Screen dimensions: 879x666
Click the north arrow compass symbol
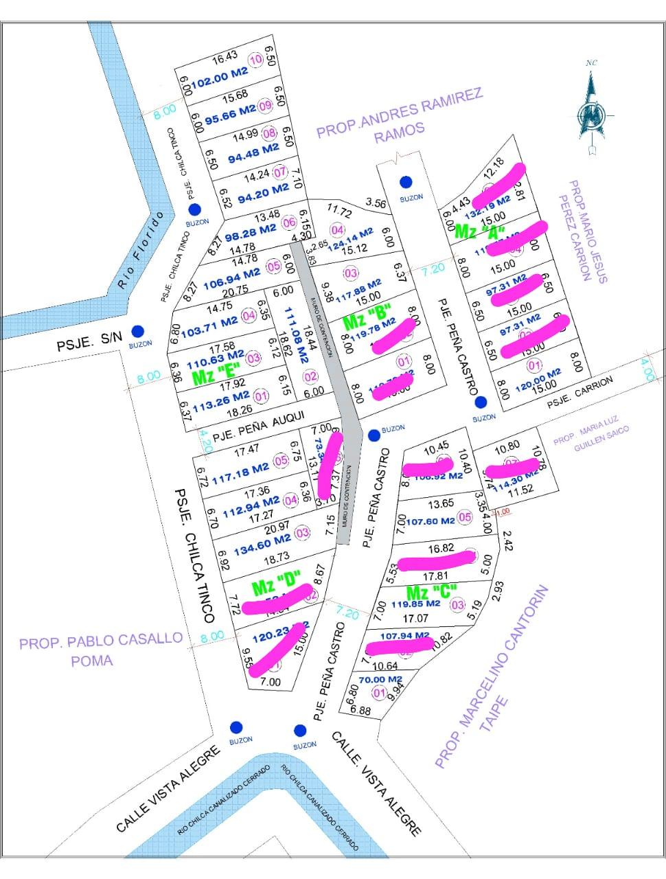click(592, 110)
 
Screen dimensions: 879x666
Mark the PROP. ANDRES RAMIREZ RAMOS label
click(400, 115)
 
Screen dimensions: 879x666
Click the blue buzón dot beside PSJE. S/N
click(138, 331)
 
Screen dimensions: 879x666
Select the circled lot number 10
click(256, 60)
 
